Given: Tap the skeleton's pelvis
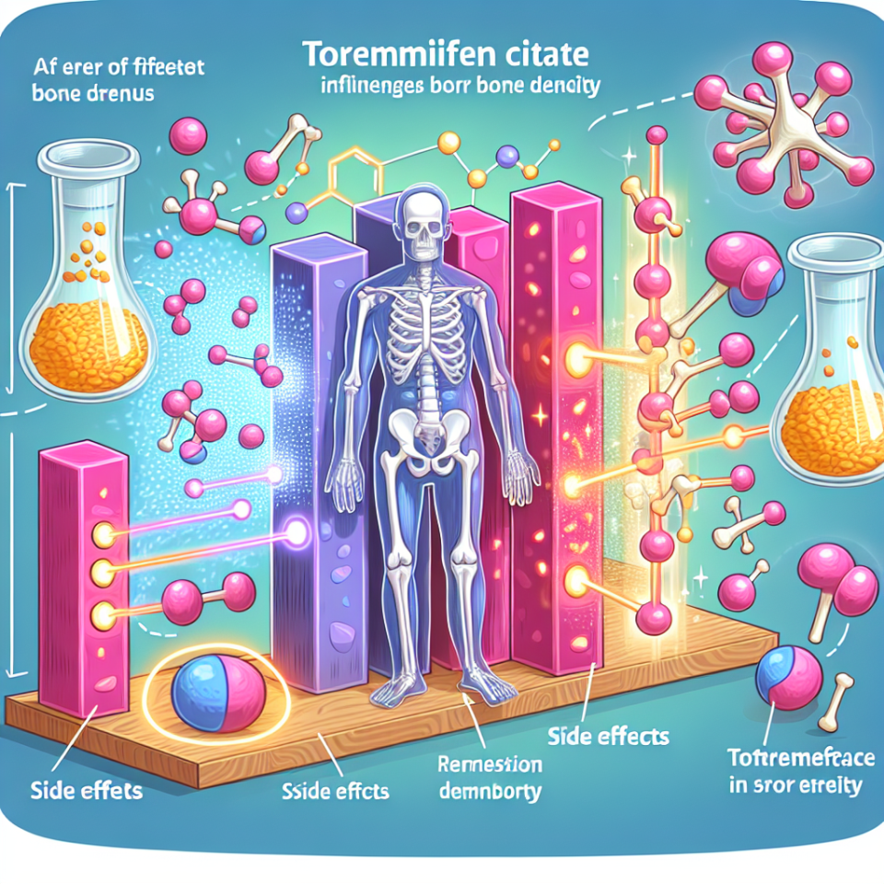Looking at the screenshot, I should [x=426, y=433].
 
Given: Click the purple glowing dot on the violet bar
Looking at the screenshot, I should [x=300, y=530].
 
